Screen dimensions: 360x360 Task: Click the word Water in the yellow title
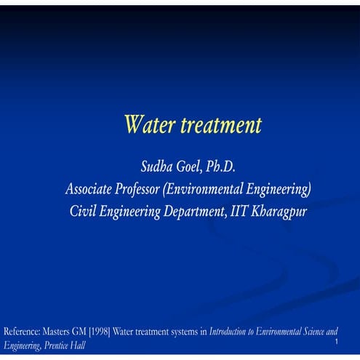[147, 125]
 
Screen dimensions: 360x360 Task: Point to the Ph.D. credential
[221, 168]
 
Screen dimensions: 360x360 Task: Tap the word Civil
[82, 212]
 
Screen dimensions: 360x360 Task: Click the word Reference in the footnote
[21, 332]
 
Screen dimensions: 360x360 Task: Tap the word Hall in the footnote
[78, 345]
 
